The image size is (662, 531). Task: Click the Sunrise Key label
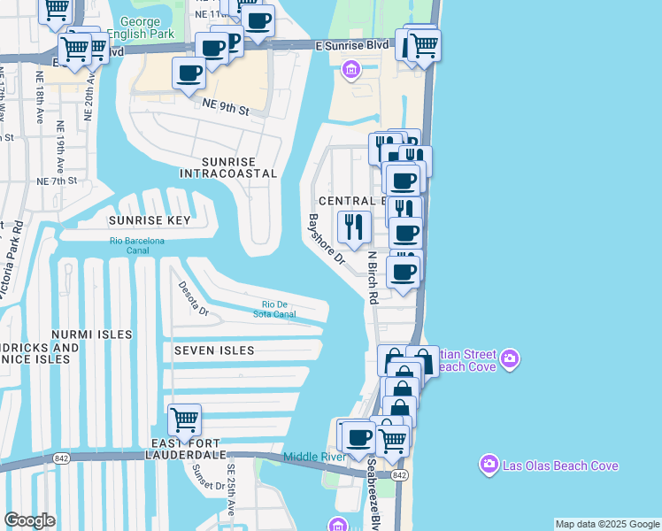pyautogui.click(x=150, y=219)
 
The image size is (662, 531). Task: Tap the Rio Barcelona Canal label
pyautogui.click(x=137, y=245)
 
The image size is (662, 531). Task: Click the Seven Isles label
pyautogui.click(x=214, y=350)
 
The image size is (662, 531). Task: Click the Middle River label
pyautogui.click(x=313, y=457)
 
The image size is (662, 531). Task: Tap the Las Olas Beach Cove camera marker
pyautogui.click(x=489, y=465)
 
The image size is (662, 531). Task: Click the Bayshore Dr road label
pyautogui.click(x=326, y=239)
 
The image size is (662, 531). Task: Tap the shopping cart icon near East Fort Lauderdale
pyautogui.click(x=184, y=419)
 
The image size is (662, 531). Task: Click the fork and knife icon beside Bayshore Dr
pyautogui.click(x=354, y=227)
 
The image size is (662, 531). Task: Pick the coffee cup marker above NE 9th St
pyautogui.click(x=189, y=73)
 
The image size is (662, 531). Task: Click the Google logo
pyautogui.click(x=29, y=520)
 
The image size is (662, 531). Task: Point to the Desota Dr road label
pyautogui.click(x=193, y=298)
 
